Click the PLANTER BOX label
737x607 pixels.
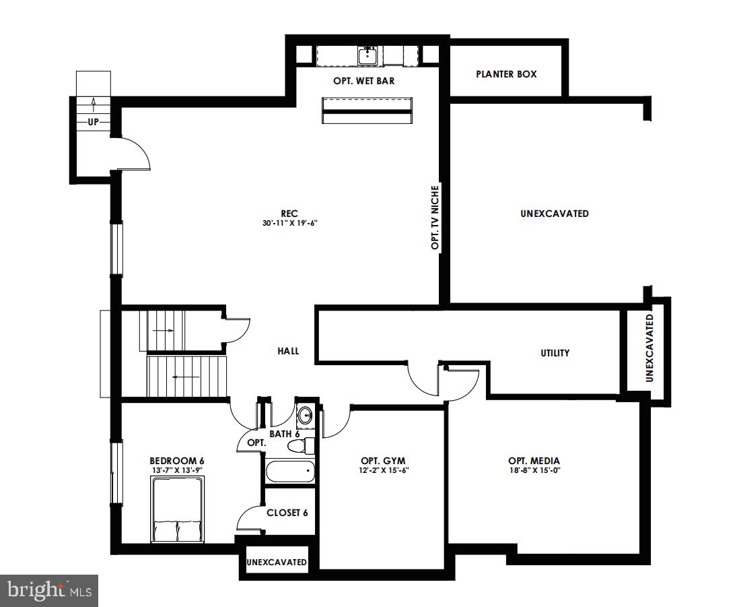pyautogui.click(x=506, y=74)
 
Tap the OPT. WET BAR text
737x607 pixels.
pyautogui.click(x=363, y=81)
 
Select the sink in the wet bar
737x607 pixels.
pyautogui.click(x=367, y=56)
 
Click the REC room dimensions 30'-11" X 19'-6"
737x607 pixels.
pyautogui.click(x=289, y=223)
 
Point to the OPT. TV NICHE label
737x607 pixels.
pyautogui.click(x=435, y=218)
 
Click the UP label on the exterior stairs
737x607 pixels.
pyautogui.click(x=93, y=122)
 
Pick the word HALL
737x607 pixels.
pyautogui.click(x=288, y=351)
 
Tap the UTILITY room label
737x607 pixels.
pyautogui.click(x=555, y=352)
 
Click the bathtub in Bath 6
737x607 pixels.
pyautogui.click(x=290, y=472)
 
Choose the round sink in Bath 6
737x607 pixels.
pyautogui.click(x=306, y=415)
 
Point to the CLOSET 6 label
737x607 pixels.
pyautogui.click(x=287, y=513)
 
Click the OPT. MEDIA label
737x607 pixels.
pyautogui.click(x=534, y=461)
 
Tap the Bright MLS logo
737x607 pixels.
pyautogui.click(x=49, y=591)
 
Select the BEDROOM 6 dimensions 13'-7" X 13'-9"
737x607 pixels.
pyautogui.click(x=177, y=470)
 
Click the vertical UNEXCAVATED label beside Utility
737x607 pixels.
pyautogui.click(x=650, y=348)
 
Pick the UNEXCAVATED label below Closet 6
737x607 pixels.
pyautogui.click(x=277, y=562)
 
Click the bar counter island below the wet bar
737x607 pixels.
pyautogui.click(x=367, y=110)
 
